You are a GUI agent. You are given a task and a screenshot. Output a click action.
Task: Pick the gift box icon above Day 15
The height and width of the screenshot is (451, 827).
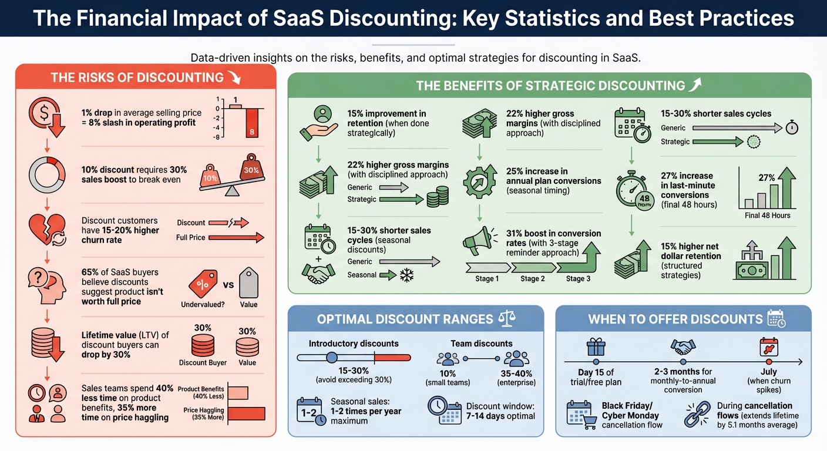pyautogui.click(x=596, y=348)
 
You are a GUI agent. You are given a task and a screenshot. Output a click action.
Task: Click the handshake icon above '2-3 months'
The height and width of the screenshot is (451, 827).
pyautogui.click(x=683, y=348)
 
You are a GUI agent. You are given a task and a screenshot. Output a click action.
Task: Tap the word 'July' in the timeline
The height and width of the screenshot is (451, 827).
pyautogui.click(x=768, y=372)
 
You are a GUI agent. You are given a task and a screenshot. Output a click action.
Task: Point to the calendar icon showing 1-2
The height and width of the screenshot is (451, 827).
pyautogui.click(x=311, y=411)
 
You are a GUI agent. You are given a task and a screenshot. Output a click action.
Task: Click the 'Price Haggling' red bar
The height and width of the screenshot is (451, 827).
pyautogui.click(x=246, y=413)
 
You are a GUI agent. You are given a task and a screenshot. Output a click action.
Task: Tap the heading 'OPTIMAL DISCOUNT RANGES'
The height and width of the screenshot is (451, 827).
pyautogui.click(x=405, y=319)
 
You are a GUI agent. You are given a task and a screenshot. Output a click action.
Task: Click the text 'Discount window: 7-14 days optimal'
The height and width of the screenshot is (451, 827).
pyautogui.click(x=500, y=411)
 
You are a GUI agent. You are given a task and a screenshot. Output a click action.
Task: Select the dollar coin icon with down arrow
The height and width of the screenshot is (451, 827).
pyautogui.click(x=43, y=115)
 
